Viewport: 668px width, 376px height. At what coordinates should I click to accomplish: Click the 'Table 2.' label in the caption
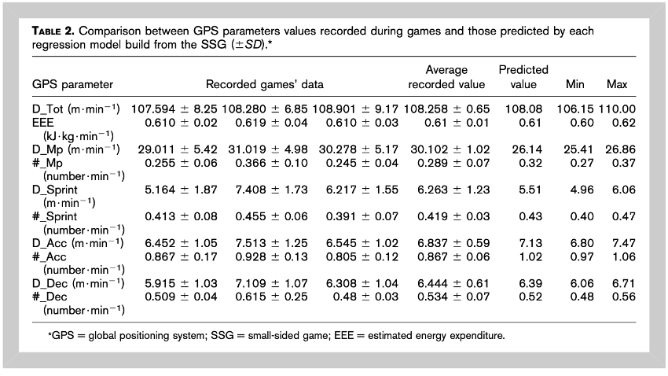[x=54, y=31]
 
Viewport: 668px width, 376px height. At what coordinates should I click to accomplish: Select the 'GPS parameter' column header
[x=72, y=84]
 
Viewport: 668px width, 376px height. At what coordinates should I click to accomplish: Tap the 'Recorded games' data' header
[x=265, y=84]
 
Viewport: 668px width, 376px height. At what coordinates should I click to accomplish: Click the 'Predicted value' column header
[x=523, y=77]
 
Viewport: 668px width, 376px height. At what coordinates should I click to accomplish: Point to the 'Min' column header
[x=575, y=84]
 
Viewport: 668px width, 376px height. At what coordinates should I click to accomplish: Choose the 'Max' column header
[x=617, y=84]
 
